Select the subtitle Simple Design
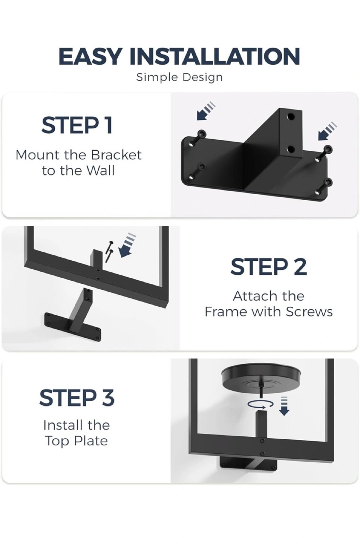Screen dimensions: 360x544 point(179,78)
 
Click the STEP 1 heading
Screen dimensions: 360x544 point(77,125)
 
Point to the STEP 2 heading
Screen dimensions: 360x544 point(269,267)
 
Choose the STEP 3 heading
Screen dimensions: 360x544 point(77,398)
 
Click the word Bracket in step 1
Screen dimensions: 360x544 point(116,155)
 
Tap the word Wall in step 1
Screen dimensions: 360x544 point(100,170)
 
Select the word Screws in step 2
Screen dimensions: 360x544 point(309,312)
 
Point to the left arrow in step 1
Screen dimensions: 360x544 point(206,111)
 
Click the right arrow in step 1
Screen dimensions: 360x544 point(328,131)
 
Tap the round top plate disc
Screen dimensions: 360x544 point(261,376)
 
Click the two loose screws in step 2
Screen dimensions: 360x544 point(109,251)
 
